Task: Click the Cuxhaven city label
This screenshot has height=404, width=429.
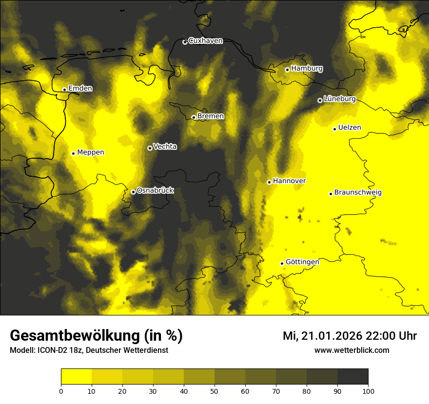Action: pyautogui.click(x=205, y=41)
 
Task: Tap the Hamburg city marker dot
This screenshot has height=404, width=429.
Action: pyautogui.click(x=287, y=70)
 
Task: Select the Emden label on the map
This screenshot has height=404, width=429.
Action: pyautogui.click(x=80, y=88)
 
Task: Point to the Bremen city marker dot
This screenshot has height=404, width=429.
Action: pyautogui.click(x=194, y=117)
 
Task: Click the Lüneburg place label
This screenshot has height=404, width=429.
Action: pyautogui.click(x=339, y=99)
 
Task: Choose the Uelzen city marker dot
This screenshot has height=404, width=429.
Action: pyautogui.click(x=334, y=129)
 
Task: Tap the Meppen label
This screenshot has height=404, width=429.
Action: pyautogui.click(x=90, y=152)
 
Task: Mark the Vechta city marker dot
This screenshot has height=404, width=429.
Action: pyautogui.click(x=150, y=148)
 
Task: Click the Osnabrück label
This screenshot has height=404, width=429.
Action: pyautogui.click(x=155, y=190)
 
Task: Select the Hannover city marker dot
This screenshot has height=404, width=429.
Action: pyautogui.click(x=269, y=182)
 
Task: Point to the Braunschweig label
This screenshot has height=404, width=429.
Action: pyautogui.click(x=358, y=192)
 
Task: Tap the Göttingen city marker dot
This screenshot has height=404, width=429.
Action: pyautogui.click(x=282, y=263)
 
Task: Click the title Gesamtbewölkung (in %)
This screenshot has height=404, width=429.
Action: pyautogui.click(x=96, y=336)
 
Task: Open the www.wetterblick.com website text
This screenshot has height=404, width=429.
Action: pyautogui.click(x=351, y=350)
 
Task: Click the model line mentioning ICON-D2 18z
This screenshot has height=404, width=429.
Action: pyautogui.click(x=89, y=350)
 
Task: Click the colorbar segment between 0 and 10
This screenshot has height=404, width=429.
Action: pyautogui.click(x=77, y=377)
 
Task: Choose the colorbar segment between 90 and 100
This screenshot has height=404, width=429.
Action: pyautogui.click(x=353, y=377)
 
